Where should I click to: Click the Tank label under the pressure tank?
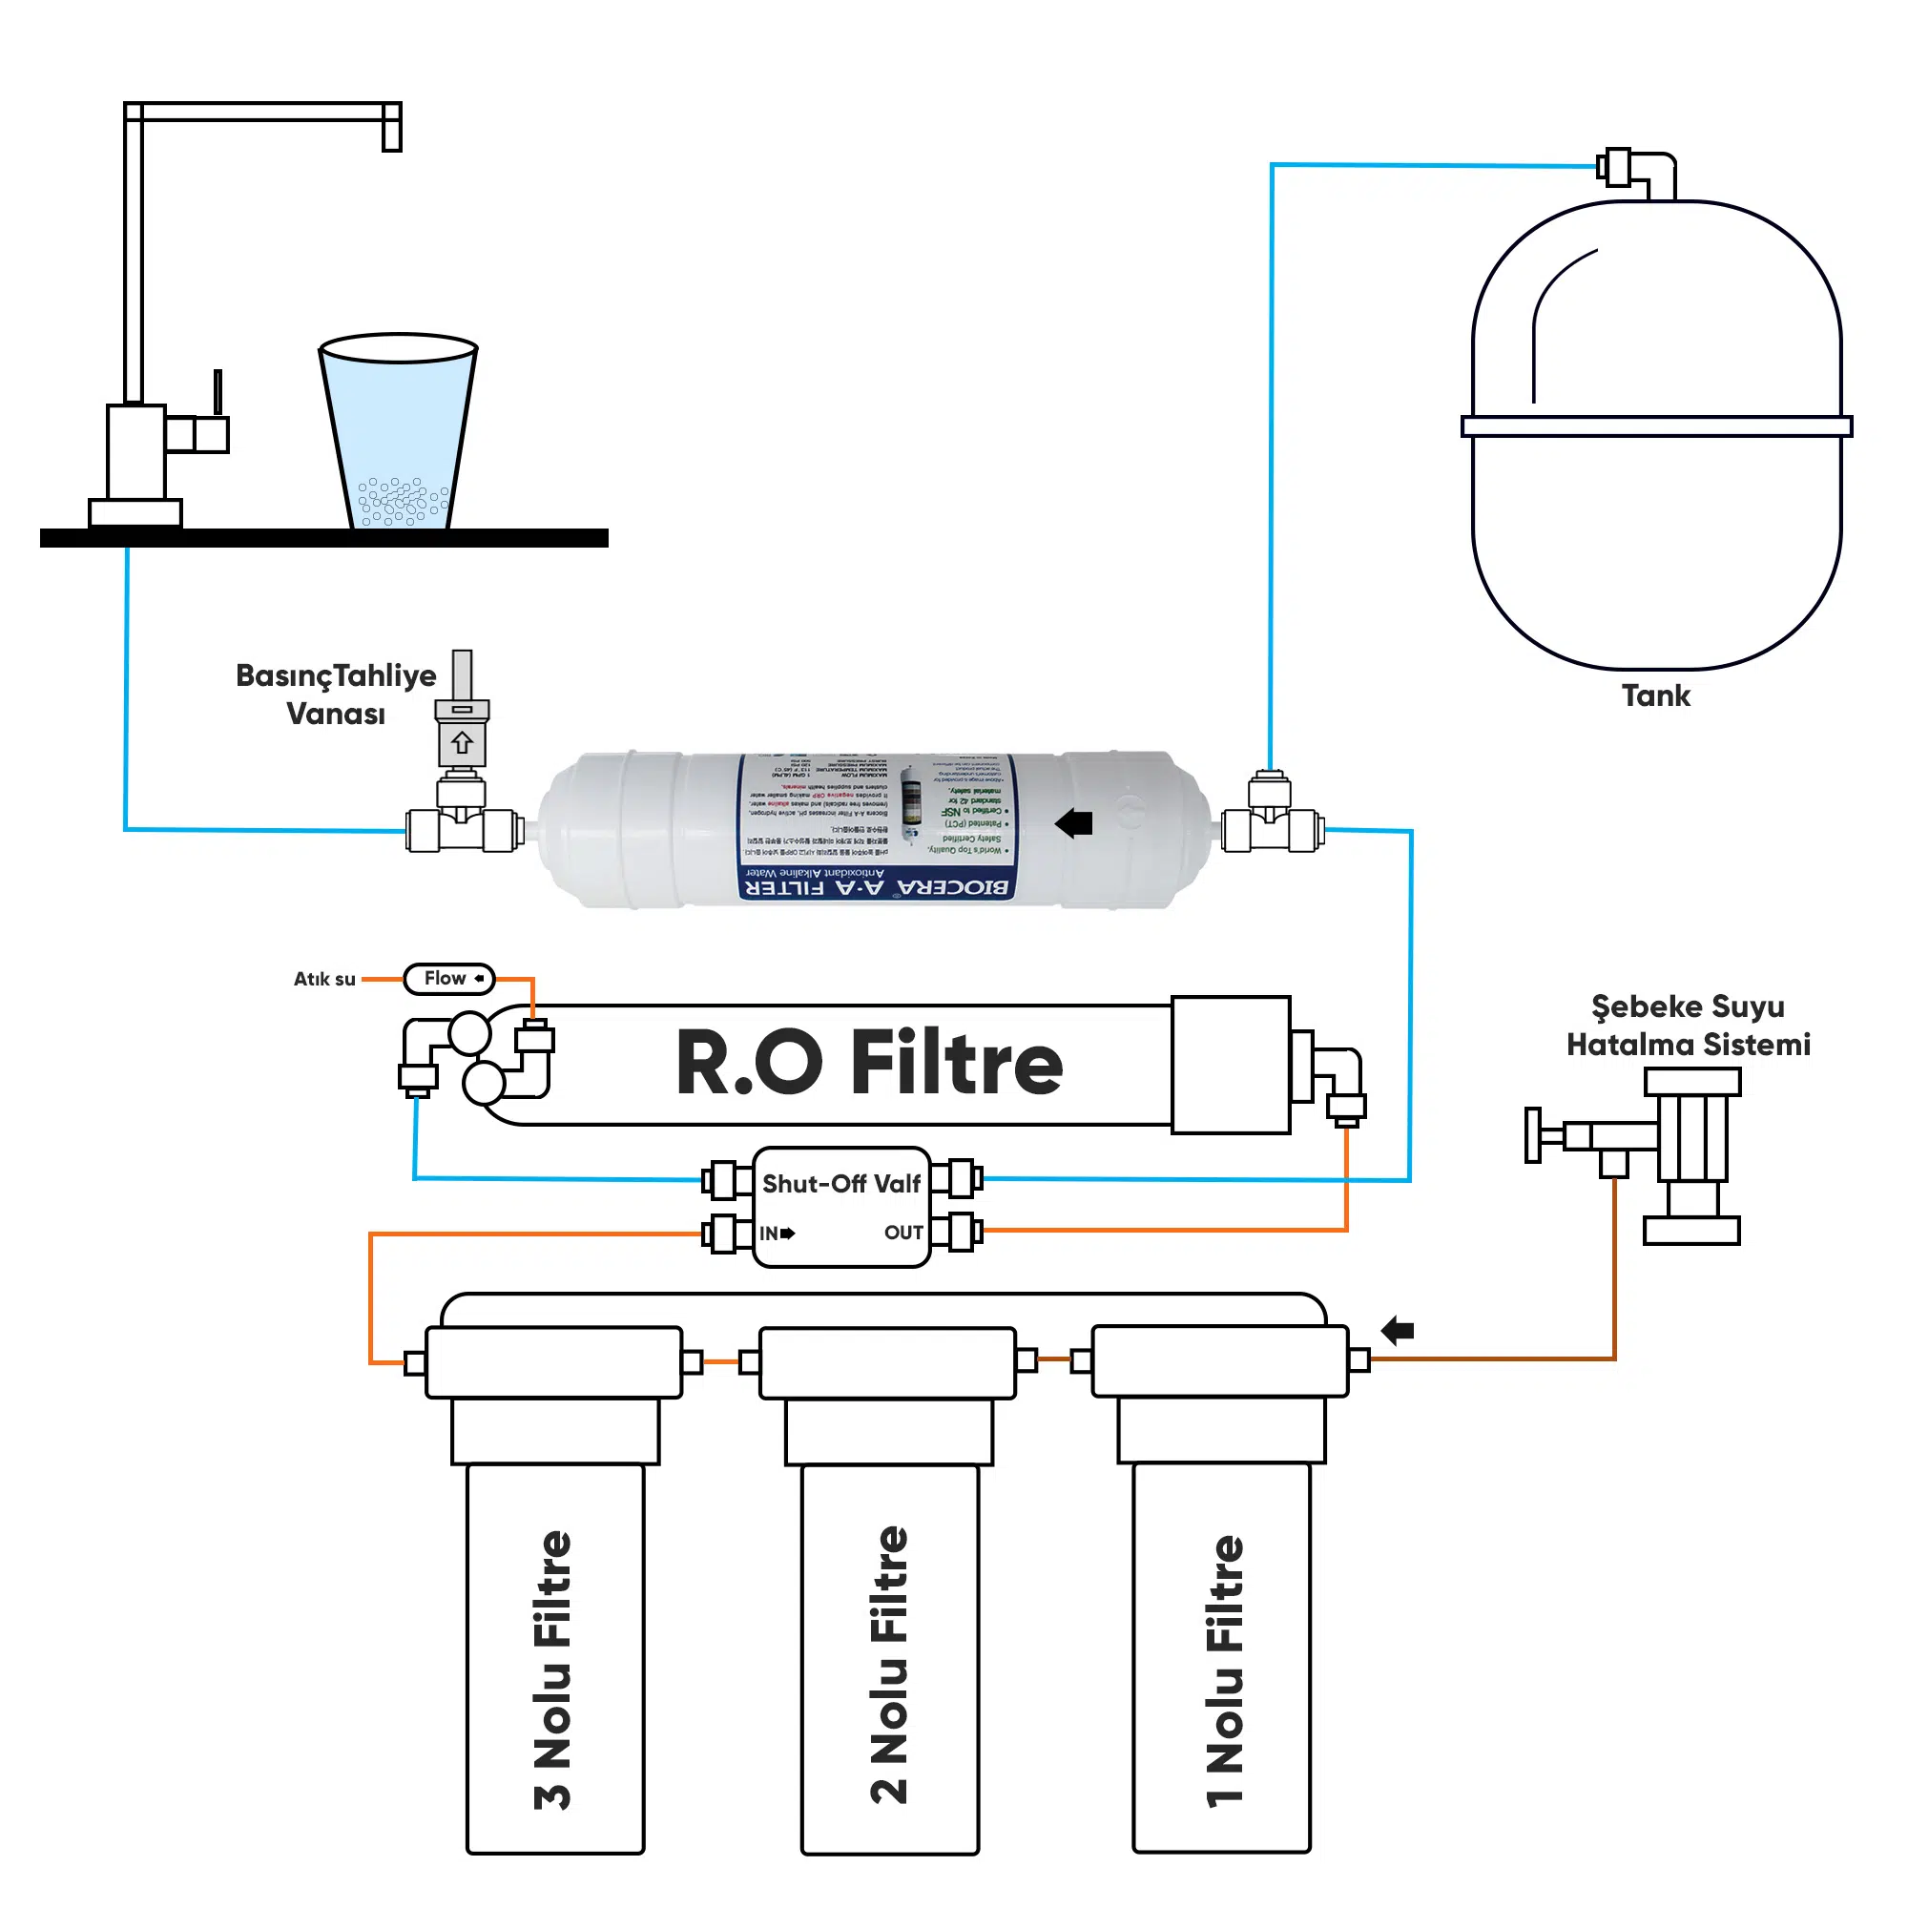click(x=1655, y=695)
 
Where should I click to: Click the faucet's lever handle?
click(x=218, y=393)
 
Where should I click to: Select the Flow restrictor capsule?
click(x=448, y=979)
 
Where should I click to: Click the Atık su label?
click(x=324, y=979)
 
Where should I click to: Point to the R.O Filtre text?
click(x=868, y=1063)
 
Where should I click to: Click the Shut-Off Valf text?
click(x=841, y=1183)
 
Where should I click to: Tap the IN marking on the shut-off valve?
click(x=769, y=1234)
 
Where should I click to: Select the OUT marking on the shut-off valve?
click(x=902, y=1233)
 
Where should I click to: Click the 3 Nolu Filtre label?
click(x=553, y=1669)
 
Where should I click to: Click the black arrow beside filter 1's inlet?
click(x=1398, y=1330)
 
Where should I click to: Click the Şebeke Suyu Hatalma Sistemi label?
click(x=1688, y=1026)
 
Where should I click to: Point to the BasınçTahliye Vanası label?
click(x=336, y=695)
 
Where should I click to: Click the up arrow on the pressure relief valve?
click(x=462, y=741)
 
